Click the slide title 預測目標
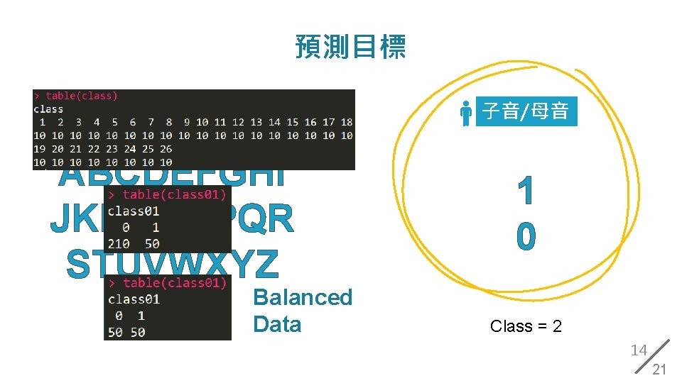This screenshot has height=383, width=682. [x=350, y=47]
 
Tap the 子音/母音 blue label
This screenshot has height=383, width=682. [x=526, y=111]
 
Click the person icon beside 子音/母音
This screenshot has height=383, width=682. [x=466, y=112]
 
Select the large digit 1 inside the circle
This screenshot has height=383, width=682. [x=526, y=193]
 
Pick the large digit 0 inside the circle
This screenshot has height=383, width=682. [x=526, y=236]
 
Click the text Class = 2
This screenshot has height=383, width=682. [x=526, y=326]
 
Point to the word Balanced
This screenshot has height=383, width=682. [x=303, y=297]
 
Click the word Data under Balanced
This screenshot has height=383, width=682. [x=277, y=324]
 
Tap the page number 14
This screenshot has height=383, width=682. [x=639, y=350]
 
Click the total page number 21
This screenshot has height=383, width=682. [x=659, y=369]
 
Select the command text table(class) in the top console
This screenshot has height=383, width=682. [x=82, y=96]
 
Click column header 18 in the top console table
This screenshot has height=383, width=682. [x=347, y=122]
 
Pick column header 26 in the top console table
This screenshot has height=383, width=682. [x=166, y=149]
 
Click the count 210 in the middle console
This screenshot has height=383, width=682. [x=119, y=243]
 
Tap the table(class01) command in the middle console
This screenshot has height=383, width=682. [x=174, y=194]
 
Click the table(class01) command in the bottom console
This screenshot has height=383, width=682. [x=174, y=283]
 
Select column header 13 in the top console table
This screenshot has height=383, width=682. [x=256, y=122]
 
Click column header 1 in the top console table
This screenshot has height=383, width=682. [x=42, y=122]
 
